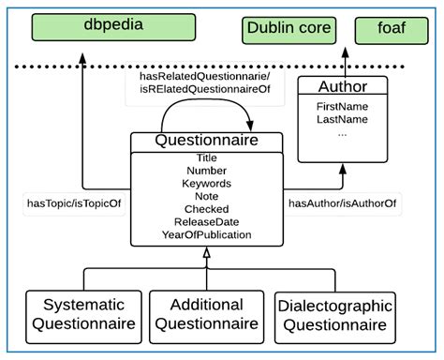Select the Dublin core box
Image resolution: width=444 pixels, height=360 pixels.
click(x=289, y=30)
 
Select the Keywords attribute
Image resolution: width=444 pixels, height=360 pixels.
click(x=206, y=184)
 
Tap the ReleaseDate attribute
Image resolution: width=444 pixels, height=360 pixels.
click(x=206, y=222)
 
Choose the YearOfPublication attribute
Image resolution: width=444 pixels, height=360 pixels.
click(x=206, y=234)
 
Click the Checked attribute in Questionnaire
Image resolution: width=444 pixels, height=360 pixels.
click(x=206, y=209)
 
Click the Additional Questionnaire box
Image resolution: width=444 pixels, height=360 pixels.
click(x=206, y=315)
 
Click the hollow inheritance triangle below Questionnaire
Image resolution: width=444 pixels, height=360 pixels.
click(x=206, y=268)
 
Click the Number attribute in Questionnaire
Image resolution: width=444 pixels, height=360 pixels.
click(x=206, y=171)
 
